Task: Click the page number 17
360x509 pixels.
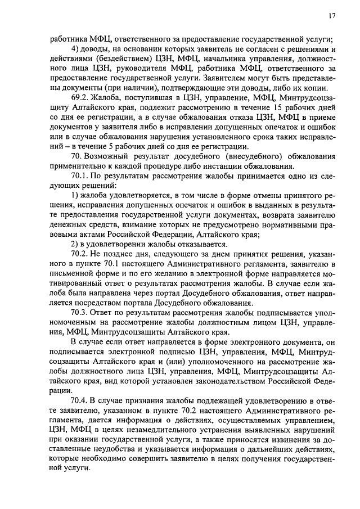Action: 332,16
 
